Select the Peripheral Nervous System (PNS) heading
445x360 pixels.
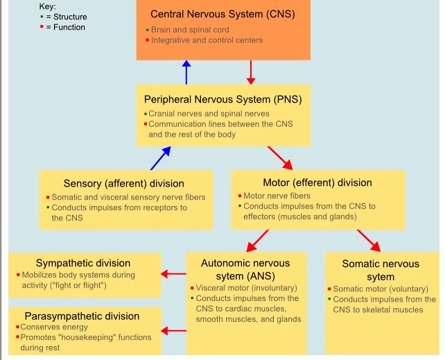click(x=222, y=98)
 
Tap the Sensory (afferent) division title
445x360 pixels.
click(x=124, y=183)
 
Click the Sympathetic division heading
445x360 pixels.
click(x=83, y=263)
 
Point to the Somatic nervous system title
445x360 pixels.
click(x=381, y=271)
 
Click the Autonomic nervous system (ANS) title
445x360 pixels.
click(x=245, y=270)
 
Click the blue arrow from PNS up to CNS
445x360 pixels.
click(x=186, y=71)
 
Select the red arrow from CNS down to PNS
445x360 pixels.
click(x=252, y=71)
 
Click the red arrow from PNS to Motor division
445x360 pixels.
click(x=280, y=157)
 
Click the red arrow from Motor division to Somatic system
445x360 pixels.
click(x=368, y=240)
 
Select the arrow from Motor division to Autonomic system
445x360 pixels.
click(x=258, y=240)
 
